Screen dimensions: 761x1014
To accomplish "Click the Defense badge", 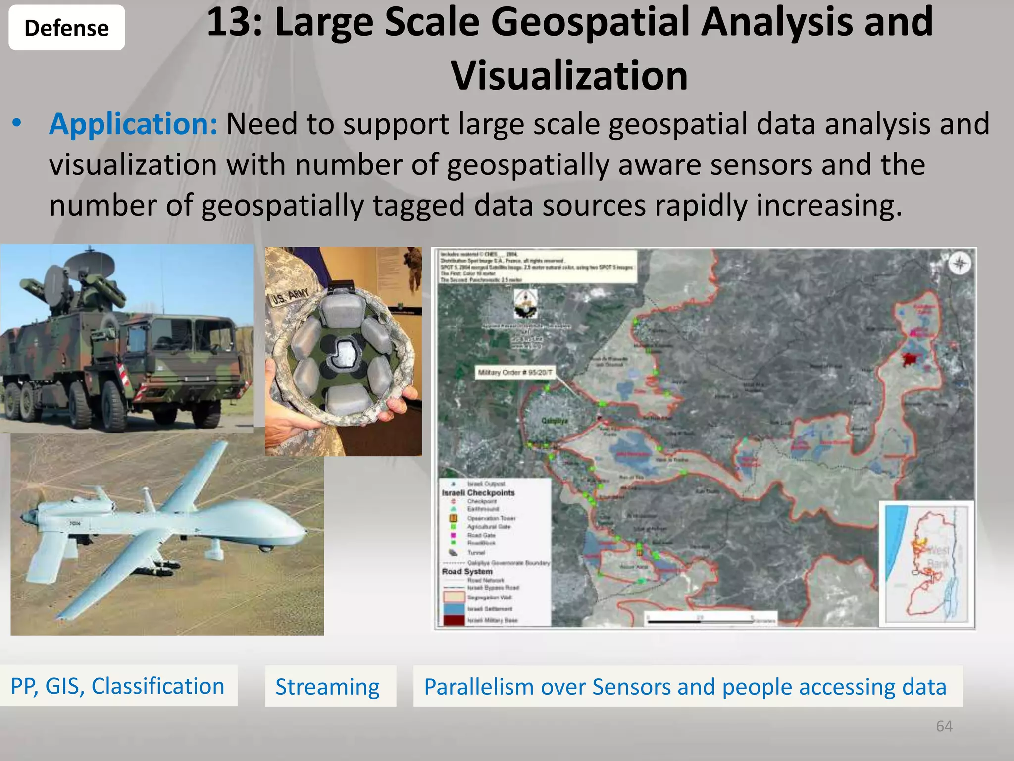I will [x=66, y=28].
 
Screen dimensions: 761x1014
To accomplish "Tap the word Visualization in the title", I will [x=569, y=76].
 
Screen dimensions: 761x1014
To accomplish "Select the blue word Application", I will [x=133, y=124].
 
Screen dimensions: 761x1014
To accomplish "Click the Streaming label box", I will [x=330, y=686].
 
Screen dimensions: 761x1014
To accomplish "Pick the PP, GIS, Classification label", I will [x=118, y=686].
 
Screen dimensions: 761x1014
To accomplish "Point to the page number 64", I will [x=944, y=726].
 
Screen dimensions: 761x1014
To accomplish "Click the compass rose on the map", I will [x=959, y=264].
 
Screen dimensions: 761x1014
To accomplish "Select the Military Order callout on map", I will [x=515, y=372].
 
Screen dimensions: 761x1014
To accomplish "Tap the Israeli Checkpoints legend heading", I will [x=478, y=493].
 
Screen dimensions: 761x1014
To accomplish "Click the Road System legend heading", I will [x=467, y=571].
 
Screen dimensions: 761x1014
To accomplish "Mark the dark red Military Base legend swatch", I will [x=454, y=620].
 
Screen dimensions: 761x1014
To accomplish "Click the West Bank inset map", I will [x=926, y=564].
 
